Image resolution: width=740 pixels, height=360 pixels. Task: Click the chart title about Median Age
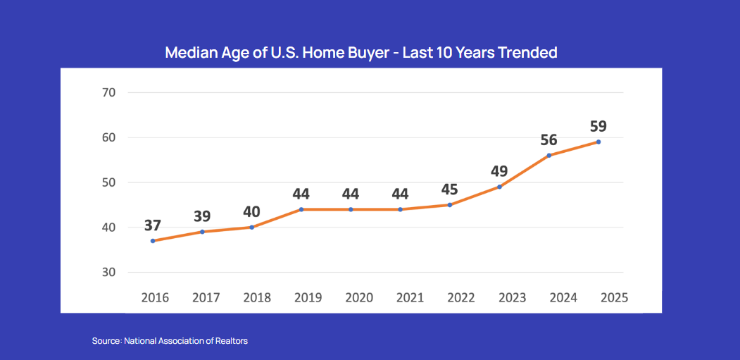pos(360,53)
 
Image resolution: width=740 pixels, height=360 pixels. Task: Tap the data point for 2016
pos(153,241)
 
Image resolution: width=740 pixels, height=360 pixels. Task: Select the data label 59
pos(598,127)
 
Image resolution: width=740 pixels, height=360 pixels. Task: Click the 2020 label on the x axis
pos(359,297)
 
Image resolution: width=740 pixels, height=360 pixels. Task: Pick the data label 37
pos(153,225)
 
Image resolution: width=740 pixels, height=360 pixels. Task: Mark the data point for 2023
pos(499,187)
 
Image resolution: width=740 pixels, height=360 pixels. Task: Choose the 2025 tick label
pos(614,297)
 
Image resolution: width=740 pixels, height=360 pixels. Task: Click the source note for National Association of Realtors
pos(170,341)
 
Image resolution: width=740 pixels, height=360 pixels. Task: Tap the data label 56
pos(548,139)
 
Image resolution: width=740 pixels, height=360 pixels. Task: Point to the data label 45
pos(450,190)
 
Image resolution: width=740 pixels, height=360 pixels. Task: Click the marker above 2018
pos(251,227)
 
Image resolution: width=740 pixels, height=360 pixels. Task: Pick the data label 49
pos(499,171)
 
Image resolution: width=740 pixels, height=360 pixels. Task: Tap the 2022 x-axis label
pos(461,297)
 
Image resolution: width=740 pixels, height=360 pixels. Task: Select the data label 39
pos(202,216)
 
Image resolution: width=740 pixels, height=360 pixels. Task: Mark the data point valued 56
pos(548,155)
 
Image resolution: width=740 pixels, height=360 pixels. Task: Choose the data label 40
pos(251,211)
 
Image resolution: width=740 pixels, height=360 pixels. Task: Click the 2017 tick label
pos(206,297)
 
